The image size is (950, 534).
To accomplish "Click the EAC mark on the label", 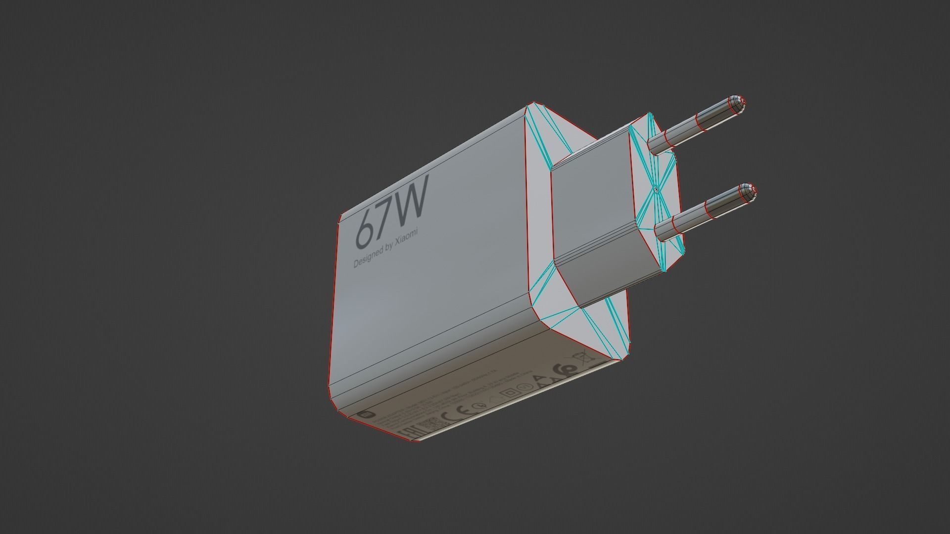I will (407, 432).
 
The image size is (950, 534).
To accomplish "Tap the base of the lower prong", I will (665, 230).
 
